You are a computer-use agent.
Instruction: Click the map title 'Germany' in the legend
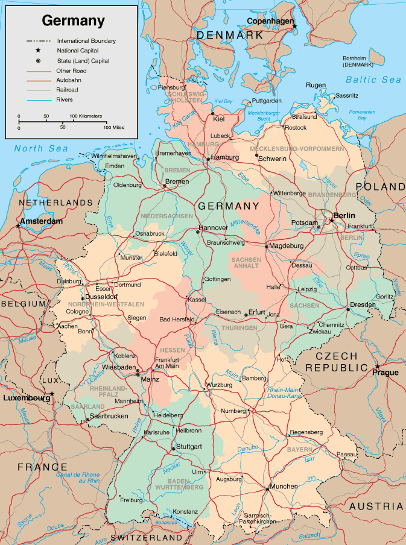pyautogui.click(x=73, y=21)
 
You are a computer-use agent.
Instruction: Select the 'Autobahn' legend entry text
pyautogui.click(x=69, y=80)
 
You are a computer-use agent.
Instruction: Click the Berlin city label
pyautogui.click(x=344, y=215)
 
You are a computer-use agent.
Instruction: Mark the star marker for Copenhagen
pyautogui.click(x=294, y=27)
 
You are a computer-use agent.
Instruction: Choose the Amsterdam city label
pyautogui.click(x=41, y=222)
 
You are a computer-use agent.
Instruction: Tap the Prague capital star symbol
pyautogui.click(x=378, y=366)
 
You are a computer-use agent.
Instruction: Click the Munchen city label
pyautogui.click(x=284, y=486)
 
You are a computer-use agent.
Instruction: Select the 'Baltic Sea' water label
pyautogui.click(x=373, y=80)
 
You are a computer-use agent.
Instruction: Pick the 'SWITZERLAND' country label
pyautogui.click(x=147, y=537)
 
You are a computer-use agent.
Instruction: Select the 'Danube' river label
pyautogui.click(x=247, y=449)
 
